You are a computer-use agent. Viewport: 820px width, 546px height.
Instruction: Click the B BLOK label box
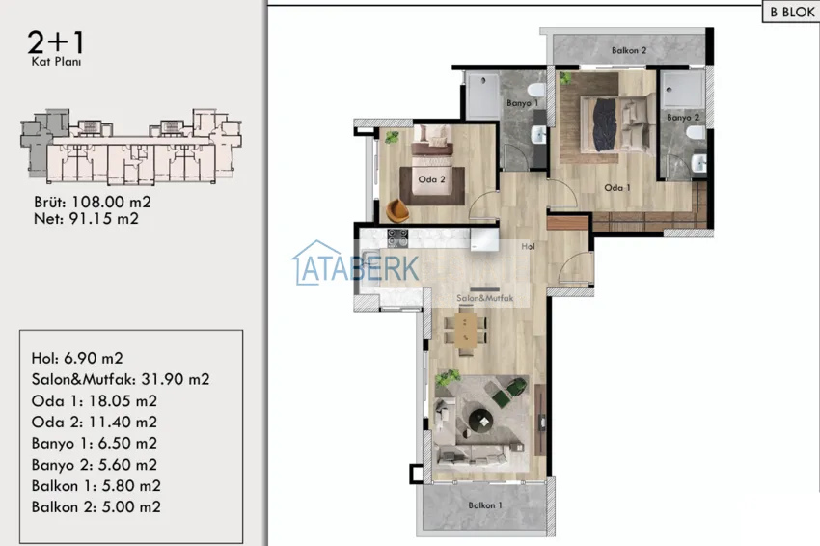click(791, 12)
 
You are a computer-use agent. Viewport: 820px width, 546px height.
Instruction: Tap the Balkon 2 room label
click(629, 50)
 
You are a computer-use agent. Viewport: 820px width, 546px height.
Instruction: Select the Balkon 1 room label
click(485, 505)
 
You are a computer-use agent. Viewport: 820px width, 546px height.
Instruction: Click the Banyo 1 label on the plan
click(522, 103)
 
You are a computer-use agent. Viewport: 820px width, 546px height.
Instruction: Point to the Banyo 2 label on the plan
click(683, 117)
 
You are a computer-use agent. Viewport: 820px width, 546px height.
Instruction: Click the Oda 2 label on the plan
click(431, 179)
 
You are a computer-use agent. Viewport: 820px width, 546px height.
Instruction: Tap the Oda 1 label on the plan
click(617, 187)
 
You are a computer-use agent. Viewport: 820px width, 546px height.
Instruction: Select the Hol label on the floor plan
click(528, 246)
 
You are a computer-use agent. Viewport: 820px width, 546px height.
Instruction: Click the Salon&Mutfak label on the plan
click(485, 298)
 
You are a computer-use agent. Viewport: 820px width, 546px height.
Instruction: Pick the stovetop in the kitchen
click(397, 238)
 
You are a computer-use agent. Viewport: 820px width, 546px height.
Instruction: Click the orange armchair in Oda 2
click(397, 210)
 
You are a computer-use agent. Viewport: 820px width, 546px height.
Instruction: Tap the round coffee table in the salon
click(480, 420)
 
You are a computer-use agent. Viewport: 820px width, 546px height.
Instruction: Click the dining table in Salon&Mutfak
click(465, 330)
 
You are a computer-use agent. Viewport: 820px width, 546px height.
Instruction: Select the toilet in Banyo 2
click(697, 133)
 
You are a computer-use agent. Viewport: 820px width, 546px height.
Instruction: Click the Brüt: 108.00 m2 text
click(93, 202)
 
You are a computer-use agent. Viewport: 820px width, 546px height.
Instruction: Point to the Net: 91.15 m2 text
click(86, 219)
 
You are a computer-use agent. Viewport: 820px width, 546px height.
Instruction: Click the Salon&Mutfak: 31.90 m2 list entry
click(121, 379)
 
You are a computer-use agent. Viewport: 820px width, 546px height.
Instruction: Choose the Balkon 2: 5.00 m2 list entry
click(96, 506)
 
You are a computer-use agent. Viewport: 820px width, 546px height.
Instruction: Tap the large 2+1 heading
click(55, 41)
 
